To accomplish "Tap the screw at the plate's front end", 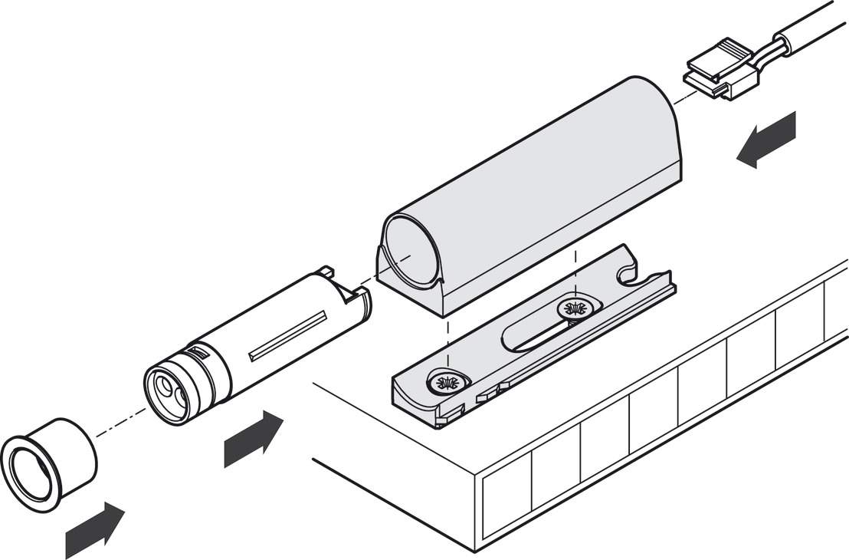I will pyautogui.click(x=446, y=381).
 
